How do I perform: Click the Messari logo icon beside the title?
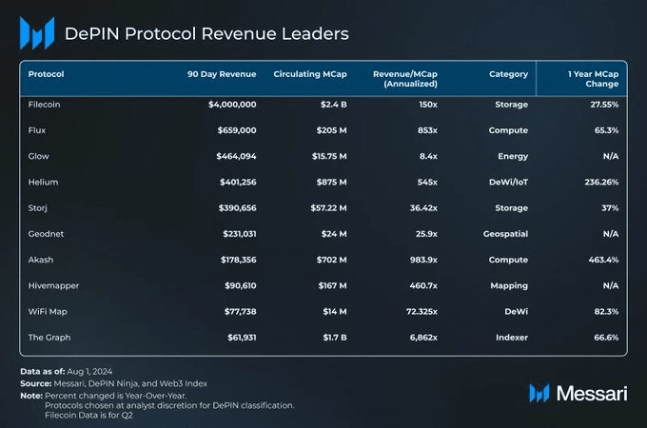(x=37, y=33)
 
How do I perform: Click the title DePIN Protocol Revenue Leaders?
(x=206, y=34)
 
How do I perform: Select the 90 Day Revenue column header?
(x=224, y=74)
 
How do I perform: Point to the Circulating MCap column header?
(x=309, y=74)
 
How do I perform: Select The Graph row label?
(x=50, y=337)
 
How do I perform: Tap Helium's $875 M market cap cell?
(x=327, y=182)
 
